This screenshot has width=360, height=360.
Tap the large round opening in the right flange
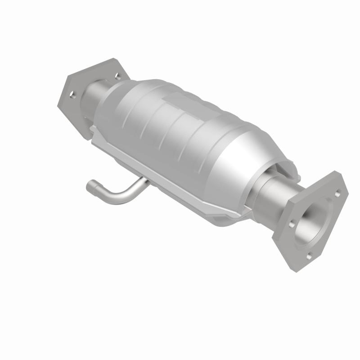315,220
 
